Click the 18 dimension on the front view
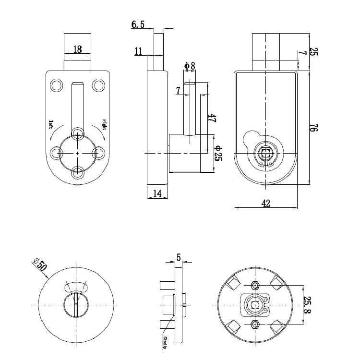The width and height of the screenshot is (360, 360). point(77,49)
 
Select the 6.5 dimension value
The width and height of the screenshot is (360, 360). point(138,25)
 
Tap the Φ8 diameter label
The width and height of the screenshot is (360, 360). point(189,66)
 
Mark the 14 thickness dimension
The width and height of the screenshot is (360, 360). point(157,193)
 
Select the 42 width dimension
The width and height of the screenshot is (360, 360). point(266,203)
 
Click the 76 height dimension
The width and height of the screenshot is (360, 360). point(313,128)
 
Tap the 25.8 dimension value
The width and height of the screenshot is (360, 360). point(308,305)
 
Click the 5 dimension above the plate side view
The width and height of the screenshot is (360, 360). point(179,258)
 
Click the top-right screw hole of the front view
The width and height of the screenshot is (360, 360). point(98,85)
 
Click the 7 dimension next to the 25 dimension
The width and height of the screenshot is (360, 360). point(301,54)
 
